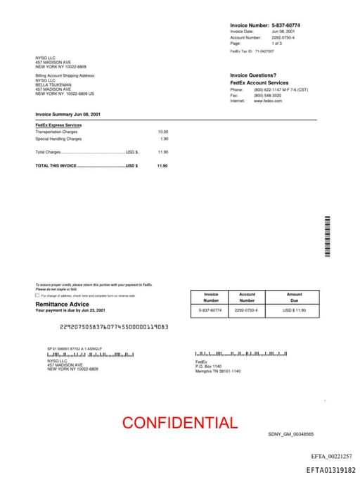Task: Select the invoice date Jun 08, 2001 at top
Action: pos(283,32)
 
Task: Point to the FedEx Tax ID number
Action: pos(264,51)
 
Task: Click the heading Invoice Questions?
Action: pos(252,75)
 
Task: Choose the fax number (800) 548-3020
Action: pos(267,96)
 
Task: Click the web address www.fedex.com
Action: pos(268,101)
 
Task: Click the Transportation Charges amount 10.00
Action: pos(163,132)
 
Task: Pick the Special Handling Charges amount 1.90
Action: pos(165,139)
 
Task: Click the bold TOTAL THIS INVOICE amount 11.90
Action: pos(162,165)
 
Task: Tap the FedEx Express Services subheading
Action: pos(58,125)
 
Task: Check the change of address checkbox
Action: pos(37,295)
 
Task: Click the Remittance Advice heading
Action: pos(62,304)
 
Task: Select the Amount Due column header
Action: pos(294,297)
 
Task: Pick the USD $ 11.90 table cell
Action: pos(295,310)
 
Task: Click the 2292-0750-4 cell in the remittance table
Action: pos(247,310)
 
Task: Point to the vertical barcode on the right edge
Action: pos(327,238)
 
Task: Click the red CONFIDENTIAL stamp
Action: pos(179,423)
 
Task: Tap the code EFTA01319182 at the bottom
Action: pos(330,469)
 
